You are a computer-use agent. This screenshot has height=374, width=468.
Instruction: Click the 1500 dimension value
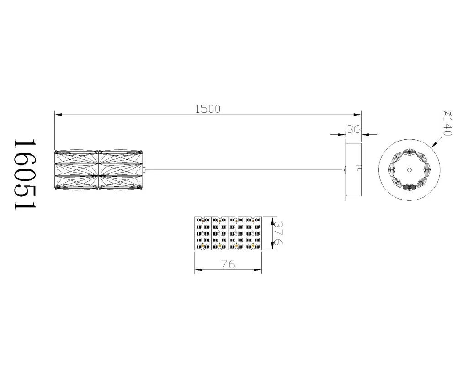(x=208, y=109)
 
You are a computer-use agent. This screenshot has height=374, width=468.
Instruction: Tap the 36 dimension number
(x=353, y=129)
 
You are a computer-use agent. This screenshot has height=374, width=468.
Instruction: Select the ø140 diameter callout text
(x=447, y=123)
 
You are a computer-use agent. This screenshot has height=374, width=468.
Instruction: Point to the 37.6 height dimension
(x=278, y=233)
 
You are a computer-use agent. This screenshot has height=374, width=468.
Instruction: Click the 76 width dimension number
(x=228, y=264)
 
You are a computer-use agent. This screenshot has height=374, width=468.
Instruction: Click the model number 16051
(x=25, y=174)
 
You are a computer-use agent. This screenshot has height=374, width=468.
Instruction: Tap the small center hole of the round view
(x=409, y=170)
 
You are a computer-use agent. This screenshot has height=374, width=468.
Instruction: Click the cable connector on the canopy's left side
(x=344, y=170)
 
